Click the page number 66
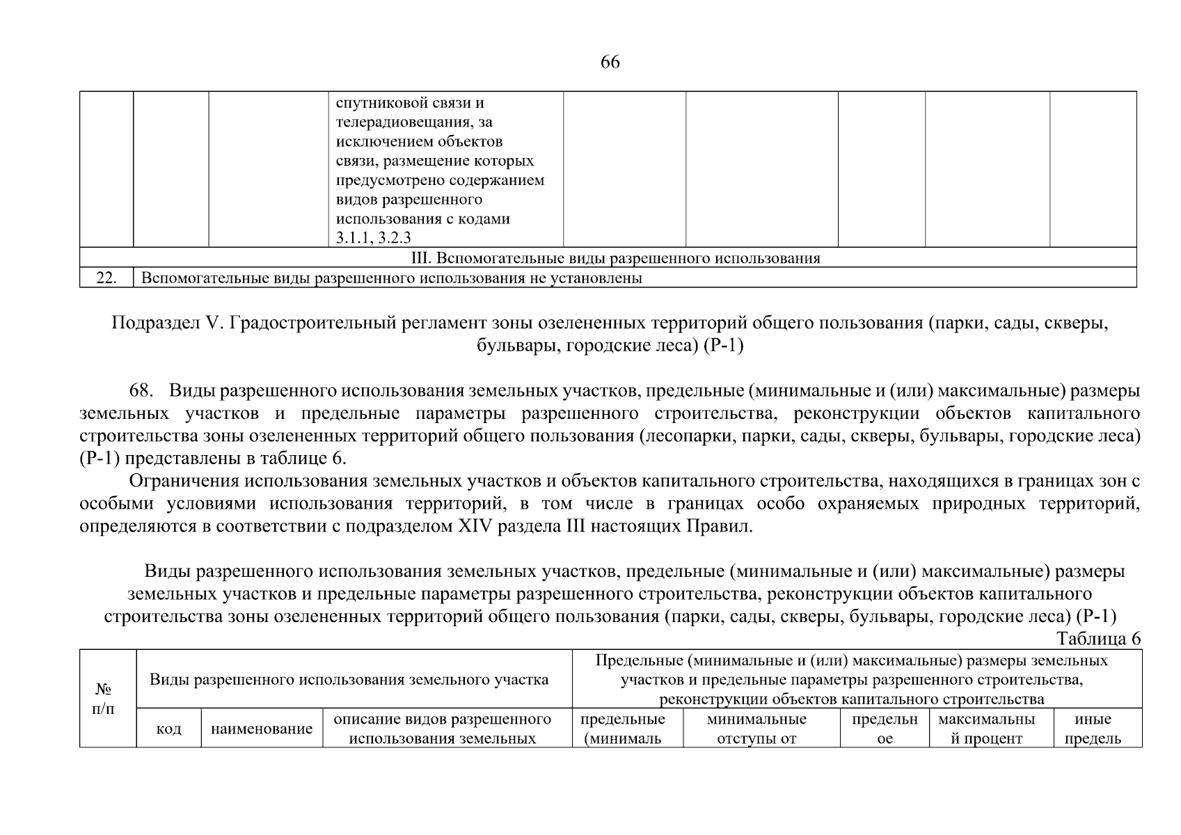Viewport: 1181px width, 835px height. pos(610,63)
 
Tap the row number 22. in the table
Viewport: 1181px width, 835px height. pos(106,278)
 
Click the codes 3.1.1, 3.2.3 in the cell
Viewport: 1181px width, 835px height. pos(373,238)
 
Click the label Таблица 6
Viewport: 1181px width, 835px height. pos(1098,639)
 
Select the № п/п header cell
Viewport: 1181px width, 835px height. pos(104,699)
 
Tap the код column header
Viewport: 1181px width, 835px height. pos(168,729)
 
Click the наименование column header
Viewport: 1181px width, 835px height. pos(262,729)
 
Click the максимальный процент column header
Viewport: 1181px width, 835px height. pos(986,729)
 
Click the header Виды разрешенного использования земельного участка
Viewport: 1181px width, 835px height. pos(349,679)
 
